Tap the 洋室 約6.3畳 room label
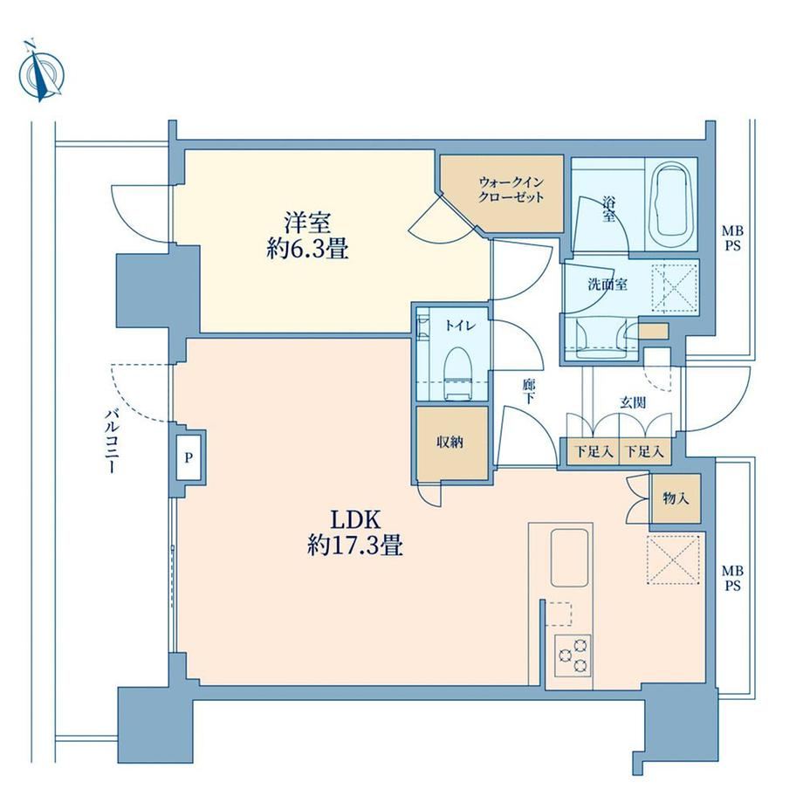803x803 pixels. (x=307, y=236)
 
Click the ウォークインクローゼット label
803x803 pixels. (x=511, y=189)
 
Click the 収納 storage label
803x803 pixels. (x=450, y=442)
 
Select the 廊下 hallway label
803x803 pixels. (x=529, y=391)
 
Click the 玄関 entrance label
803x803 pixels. (x=633, y=402)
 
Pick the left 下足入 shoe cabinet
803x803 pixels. (x=593, y=452)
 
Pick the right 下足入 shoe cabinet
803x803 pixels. (x=645, y=452)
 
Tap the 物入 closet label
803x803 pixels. (x=676, y=498)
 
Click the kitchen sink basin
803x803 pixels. (x=569, y=557)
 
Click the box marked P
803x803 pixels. (x=189, y=457)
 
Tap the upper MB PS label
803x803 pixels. (x=732, y=238)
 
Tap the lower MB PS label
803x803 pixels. (x=732, y=578)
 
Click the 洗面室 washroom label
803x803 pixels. (x=607, y=285)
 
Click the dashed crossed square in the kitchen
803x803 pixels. (x=674, y=559)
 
